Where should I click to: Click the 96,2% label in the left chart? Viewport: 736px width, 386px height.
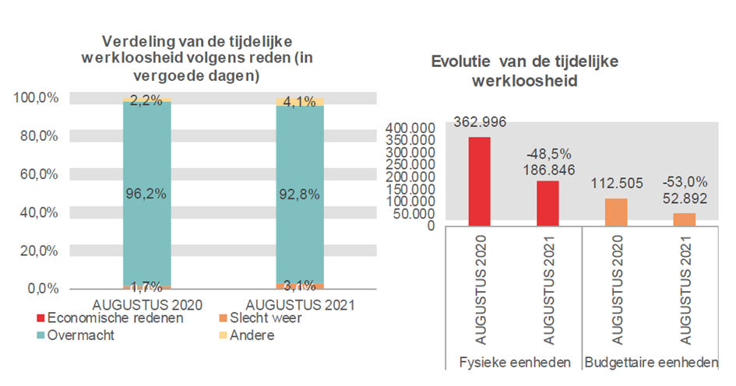coord(147,195)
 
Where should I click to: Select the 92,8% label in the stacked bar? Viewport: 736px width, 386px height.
coord(300,195)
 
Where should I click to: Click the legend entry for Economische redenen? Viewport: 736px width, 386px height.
coord(108,318)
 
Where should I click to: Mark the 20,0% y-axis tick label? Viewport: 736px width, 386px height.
coord(36,251)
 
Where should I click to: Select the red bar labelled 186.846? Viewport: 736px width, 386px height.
coord(548,204)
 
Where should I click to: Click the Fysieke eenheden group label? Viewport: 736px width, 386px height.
coord(513,363)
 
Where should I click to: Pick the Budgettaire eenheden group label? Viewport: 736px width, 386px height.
coord(650,363)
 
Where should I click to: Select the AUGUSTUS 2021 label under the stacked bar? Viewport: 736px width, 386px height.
coord(300,304)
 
